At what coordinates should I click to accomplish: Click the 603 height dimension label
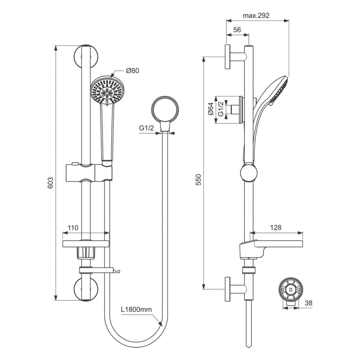pos(50,183)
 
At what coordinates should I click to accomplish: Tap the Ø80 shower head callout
pos(132,71)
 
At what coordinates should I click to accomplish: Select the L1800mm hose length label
pos(136,309)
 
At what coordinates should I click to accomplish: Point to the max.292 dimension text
pos(256,15)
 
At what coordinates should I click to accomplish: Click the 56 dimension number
pos(237,30)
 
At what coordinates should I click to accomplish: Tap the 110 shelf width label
pos(73,228)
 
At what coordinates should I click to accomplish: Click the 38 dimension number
pos(309,303)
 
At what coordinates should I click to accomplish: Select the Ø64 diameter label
pos(211,109)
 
